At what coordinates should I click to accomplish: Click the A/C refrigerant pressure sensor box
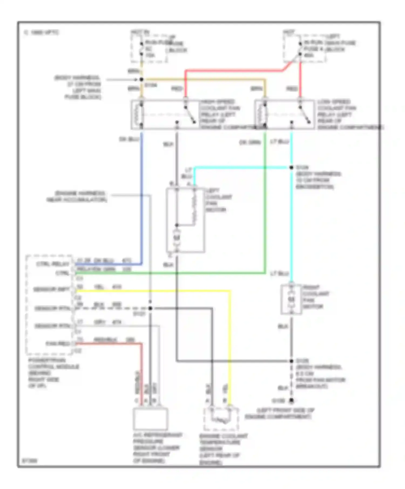point(150,419)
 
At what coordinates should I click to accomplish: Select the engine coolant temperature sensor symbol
point(221,419)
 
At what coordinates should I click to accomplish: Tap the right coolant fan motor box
point(291,299)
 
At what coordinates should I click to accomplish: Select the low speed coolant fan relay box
point(285,115)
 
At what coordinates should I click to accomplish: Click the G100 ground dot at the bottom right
point(291,401)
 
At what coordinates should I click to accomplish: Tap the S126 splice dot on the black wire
point(291,361)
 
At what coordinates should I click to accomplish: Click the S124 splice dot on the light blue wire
point(291,167)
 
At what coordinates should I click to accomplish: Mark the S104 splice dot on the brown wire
point(141,80)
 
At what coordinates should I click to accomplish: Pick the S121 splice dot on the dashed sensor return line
point(150,308)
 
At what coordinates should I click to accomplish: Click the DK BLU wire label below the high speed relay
point(129,139)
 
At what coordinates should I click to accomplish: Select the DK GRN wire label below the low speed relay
point(250,142)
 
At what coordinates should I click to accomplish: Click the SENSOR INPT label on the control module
point(51,290)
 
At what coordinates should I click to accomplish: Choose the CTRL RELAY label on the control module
point(53,264)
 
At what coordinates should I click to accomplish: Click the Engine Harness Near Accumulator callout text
point(77,197)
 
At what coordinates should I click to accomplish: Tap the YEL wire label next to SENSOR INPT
point(99,287)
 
